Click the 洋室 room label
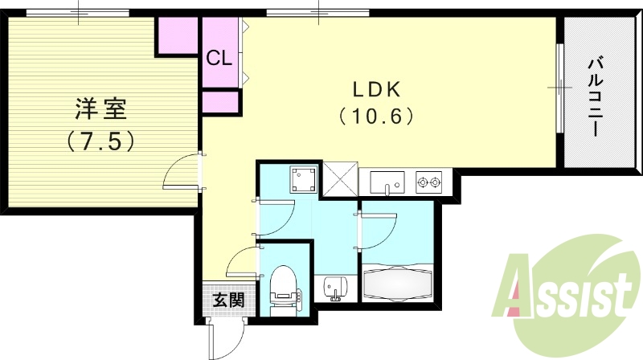click(101, 107)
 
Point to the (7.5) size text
click(101, 141)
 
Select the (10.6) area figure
click(375, 117)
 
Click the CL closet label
click(219, 58)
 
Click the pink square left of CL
click(178, 35)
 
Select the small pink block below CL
click(221, 102)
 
